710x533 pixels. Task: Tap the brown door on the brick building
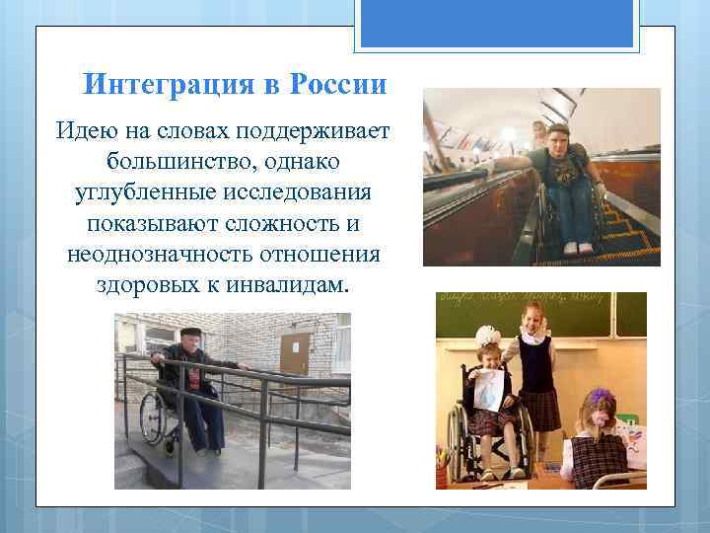295,355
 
